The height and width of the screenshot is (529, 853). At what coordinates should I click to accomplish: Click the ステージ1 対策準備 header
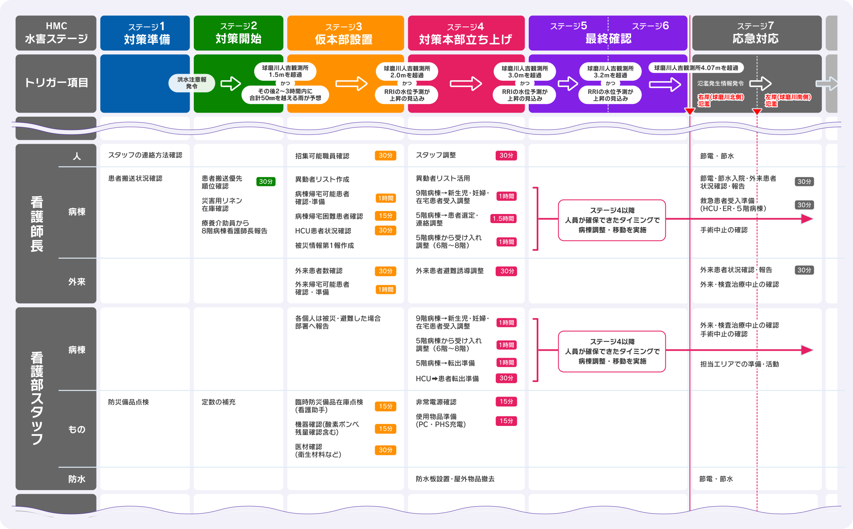tap(145, 33)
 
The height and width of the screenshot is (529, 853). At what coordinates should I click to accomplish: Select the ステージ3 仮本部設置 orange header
tap(345, 33)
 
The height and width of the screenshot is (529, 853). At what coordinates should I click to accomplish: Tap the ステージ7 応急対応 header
tap(757, 33)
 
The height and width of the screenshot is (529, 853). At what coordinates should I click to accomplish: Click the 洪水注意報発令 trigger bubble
tap(192, 83)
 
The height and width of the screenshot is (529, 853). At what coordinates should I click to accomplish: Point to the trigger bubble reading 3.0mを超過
tap(525, 72)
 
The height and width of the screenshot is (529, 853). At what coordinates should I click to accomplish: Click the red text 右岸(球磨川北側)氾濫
tap(720, 100)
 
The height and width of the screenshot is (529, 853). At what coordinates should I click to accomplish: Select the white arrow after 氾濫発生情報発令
tap(761, 84)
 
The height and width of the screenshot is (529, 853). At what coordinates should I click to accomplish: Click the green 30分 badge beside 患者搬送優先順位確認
tap(266, 182)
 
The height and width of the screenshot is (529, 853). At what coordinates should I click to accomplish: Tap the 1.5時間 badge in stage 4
tap(503, 219)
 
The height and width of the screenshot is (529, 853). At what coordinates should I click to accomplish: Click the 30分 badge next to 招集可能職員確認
tap(385, 156)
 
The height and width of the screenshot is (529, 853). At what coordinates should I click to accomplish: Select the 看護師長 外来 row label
tap(77, 282)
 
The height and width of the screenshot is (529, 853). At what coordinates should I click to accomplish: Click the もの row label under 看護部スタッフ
tap(77, 430)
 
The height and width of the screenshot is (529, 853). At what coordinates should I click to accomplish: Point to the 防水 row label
tap(77, 479)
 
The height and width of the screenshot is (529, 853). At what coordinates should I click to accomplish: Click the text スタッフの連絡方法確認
tap(145, 155)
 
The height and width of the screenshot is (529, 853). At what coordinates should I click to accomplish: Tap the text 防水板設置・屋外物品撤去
tap(455, 479)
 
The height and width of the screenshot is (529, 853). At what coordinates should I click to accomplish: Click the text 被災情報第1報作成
tap(324, 245)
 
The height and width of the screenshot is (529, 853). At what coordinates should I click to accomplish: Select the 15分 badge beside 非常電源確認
tap(506, 402)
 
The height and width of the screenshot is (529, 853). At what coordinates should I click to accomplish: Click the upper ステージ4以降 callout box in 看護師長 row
tap(612, 220)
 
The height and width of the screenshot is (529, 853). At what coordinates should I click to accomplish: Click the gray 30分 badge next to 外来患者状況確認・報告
tap(804, 270)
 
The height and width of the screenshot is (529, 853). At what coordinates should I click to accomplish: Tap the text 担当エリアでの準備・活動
tap(739, 364)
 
